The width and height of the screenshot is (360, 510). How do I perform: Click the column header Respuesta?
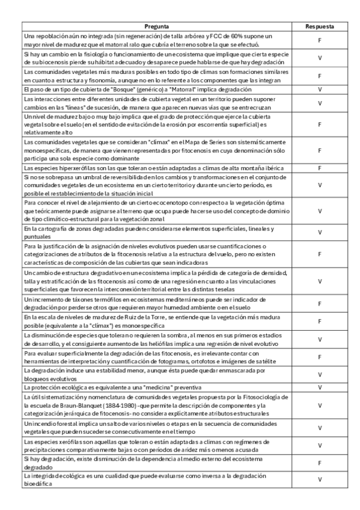click(320, 27)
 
